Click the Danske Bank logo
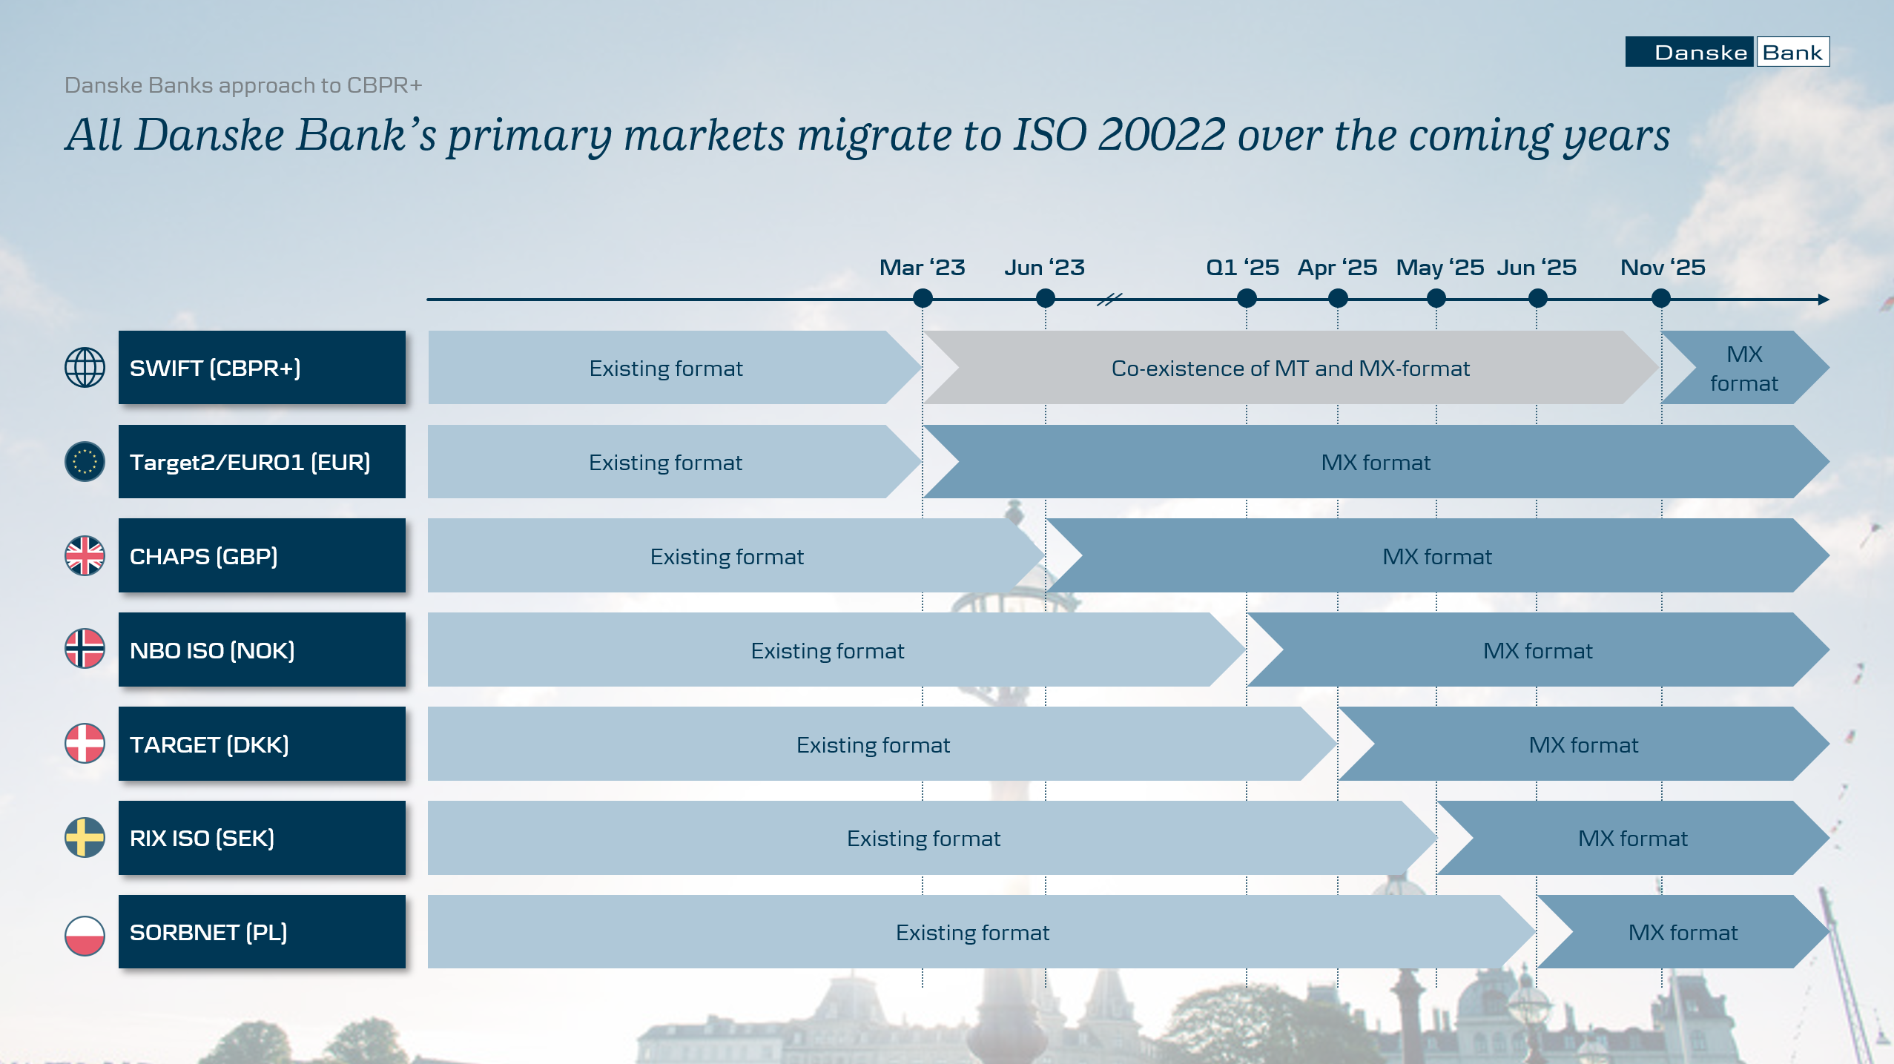pyautogui.click(x=1727, y=52)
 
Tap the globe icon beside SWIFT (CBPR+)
pyautogui.click(x=85, y=368)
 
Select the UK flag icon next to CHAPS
pyautogui.click(x=85, y=556)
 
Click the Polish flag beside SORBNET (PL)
pyautogui.click(x=85, y=936)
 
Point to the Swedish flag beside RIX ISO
pyautogui.click(x=85, y=838)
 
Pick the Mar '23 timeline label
pyautogui.click(x=922, y=267)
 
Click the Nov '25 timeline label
pyautogui.click(x=1663, y=267)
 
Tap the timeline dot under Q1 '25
pyautogui.click(x=1247, y=299)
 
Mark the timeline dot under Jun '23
pyautogui.click(x=1046, y=299)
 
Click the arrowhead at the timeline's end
pyautogui.click(x=1824, y=300)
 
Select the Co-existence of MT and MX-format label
pyautogui.click(x=1290, y=369)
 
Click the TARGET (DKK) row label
pyautogui.click(x=209, y=744)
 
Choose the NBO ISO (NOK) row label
pyautogui.click(x=212, y=650)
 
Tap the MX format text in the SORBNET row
pyautogui.click(x=1683, y=933)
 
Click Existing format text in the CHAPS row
pyautogui.click(x=727, y=557)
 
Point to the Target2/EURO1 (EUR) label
pyautogui.click(x=250, y=463)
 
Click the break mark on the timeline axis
pyautogui.click(x=1109, y=300)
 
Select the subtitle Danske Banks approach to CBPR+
pyautogui.click(x=243, y=85)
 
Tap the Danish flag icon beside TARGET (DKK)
pyautogui.click(x=85, y=744)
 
